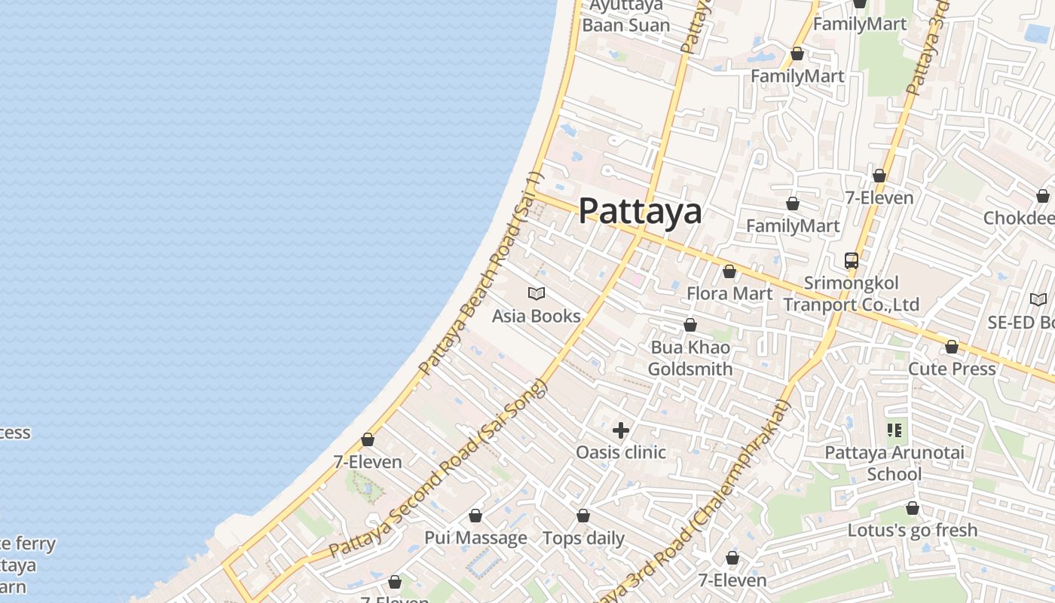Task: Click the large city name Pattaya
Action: [x=640, y=211]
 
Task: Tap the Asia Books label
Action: [x=536, y=316]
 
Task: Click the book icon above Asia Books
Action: [x=537, y=293]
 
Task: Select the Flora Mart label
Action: [x=729, y=293]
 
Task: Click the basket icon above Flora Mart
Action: [x=729, y=271]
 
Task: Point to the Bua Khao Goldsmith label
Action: [x=690, y=358]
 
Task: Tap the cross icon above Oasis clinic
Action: [x=621, y=430]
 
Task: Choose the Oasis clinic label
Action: [x=621, y=452]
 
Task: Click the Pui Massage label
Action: [x=476, y=538]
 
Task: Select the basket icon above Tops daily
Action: [x=583, y=516]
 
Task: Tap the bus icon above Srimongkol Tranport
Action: [x=852, y=261]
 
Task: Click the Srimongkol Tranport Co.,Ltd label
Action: [x=852, y=294]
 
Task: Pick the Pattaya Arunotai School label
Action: [x=894, y=464]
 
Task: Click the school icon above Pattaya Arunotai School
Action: [x=894, y=430]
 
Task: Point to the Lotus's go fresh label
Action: [x=912, y=530]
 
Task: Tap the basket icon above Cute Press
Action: [x=952, y=347]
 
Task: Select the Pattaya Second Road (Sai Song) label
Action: [x=437, y=471]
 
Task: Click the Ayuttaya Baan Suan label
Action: [x=625, y=15]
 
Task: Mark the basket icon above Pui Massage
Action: [x=476, y=516]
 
